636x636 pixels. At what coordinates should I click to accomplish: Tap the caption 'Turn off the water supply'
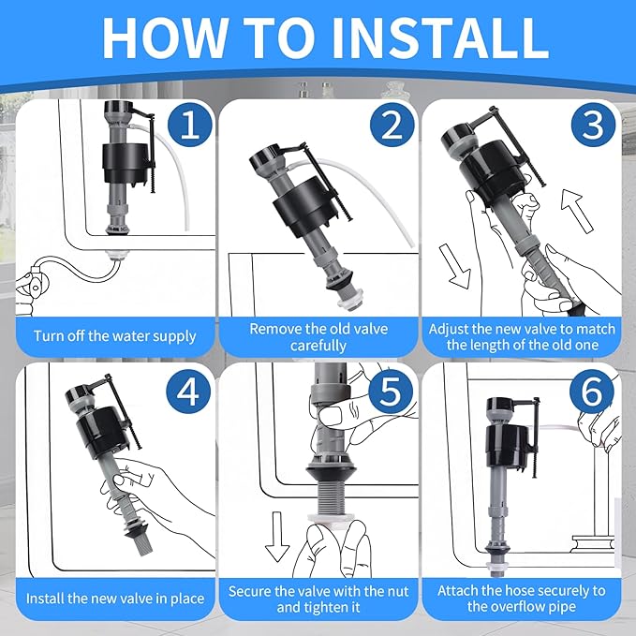115,335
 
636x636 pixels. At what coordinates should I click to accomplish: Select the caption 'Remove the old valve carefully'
318,337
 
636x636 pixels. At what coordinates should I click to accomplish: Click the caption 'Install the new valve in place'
115,598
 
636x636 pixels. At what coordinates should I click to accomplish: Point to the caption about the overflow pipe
521,599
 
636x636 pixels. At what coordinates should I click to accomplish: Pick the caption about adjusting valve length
521,337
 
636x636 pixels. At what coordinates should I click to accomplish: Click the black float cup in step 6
506,440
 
